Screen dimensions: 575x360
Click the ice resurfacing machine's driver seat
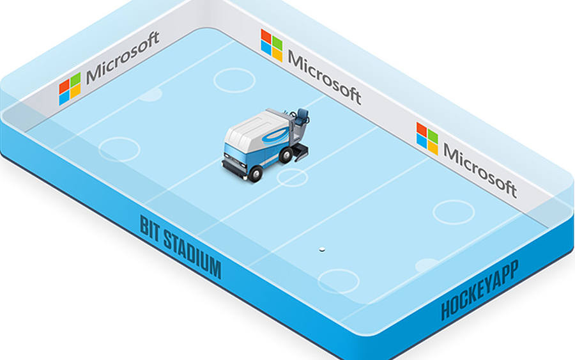click(302, 117)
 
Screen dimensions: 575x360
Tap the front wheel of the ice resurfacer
click(255, 173)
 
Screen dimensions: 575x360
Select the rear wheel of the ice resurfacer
click(286, 155)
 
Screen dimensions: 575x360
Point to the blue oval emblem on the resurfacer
click(274, 136)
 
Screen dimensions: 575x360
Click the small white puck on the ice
click(322, 249)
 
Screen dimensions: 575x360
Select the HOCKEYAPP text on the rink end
click(480, 290)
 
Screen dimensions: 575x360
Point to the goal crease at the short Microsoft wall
click(150, 95)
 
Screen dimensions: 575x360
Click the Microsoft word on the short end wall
click(123, 57)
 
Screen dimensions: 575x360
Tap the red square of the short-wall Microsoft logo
click(64, 87)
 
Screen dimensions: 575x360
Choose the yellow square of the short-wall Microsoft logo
click(75, 91)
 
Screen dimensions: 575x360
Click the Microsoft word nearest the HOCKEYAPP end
click(480, 170)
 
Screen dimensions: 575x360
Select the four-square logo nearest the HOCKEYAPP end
click(427, 139)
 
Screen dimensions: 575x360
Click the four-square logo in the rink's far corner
click(272, 45)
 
